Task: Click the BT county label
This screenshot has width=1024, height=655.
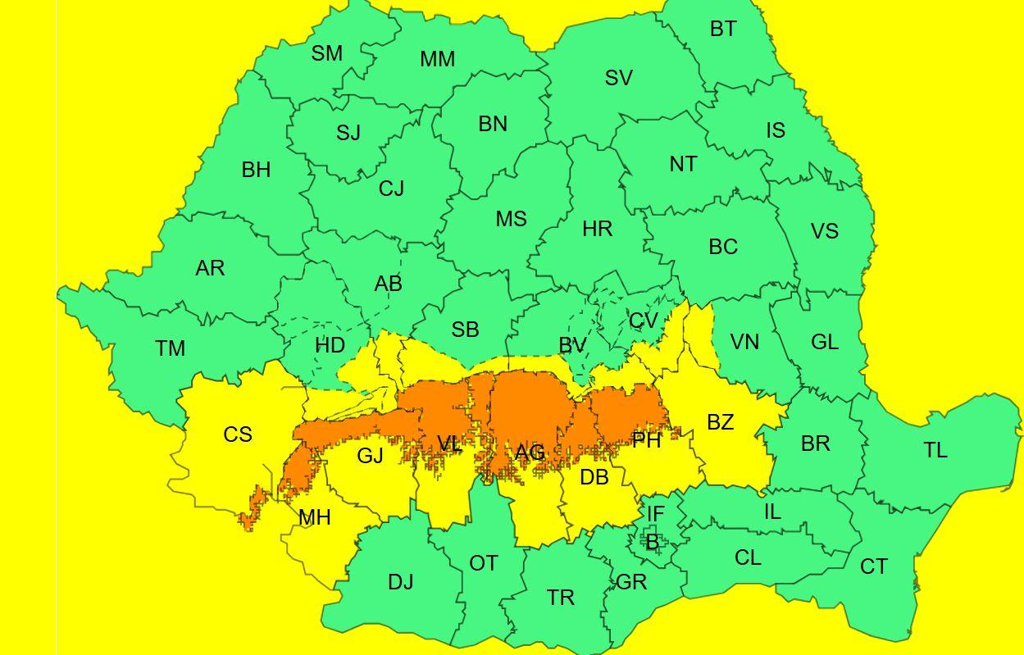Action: (x=722, y=30)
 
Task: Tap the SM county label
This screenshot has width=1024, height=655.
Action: (x=326, y=53)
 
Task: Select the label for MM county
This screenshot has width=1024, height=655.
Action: (x=437, y=60)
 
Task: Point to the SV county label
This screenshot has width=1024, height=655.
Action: (x=618, y=78)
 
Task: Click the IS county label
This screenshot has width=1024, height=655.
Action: (x=775, y=130)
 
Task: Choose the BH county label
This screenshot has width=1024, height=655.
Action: (x=256, y=171)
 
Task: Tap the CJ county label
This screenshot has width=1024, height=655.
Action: (x=391, y=189)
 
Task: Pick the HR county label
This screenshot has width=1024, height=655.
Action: (x=597, y=230)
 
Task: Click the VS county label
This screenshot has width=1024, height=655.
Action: (x=824, y=232)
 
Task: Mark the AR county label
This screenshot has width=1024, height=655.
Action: (x=210, y=268)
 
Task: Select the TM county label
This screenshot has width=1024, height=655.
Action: (x=170, y=348)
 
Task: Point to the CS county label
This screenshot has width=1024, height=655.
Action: (x=238, y=434)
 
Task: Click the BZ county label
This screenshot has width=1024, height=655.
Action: (x=720, y=423)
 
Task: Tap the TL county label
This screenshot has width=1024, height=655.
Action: (x=935, y=450)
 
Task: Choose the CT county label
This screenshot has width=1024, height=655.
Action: (x=873, y=566)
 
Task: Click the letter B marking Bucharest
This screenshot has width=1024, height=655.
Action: (x=652, y=542)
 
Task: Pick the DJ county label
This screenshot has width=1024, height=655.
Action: (x=400, y=583)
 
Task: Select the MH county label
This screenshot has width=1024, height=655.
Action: (x=314, y=518)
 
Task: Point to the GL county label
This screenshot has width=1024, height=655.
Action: (x=824, y=343)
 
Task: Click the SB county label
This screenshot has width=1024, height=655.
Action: (x=465, y=330)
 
